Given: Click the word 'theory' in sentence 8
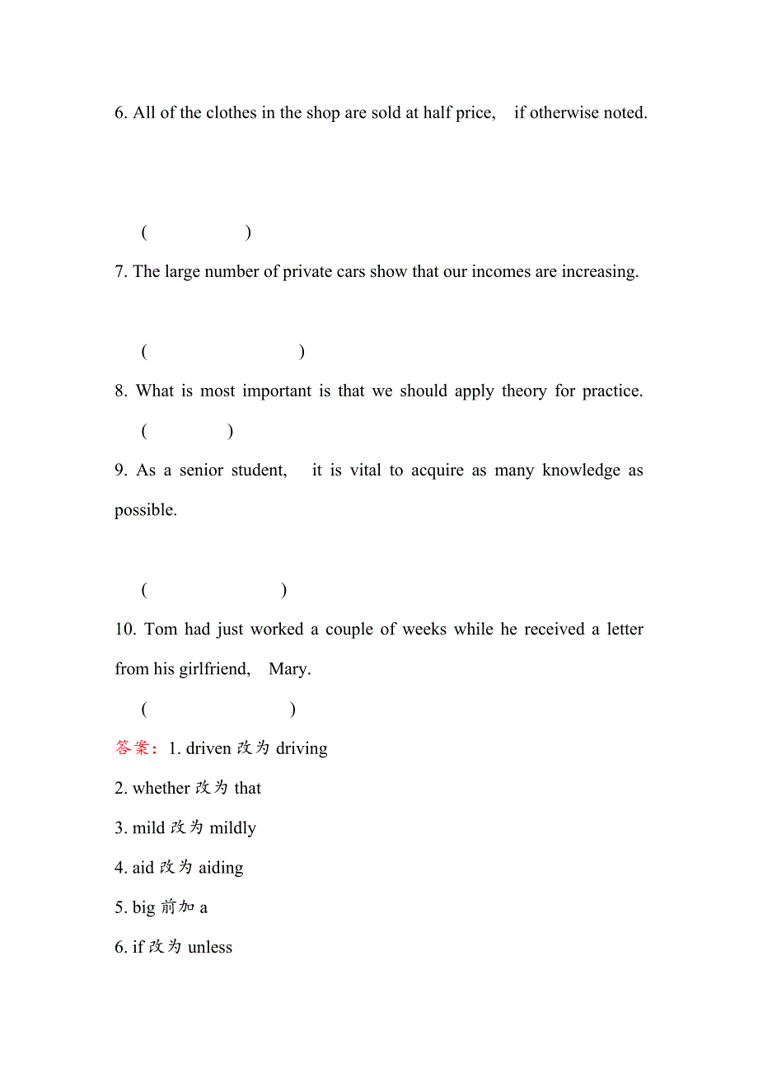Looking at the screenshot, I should [x=524, y=391].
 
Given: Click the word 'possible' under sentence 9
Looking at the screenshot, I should [x=145, y=510].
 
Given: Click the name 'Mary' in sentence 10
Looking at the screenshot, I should [x=289, y=669].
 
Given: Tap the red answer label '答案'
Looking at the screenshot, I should [x=133, y=748].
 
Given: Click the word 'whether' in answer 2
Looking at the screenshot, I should [x=161, y=789].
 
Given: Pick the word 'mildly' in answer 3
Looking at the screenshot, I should [x=233, y=828].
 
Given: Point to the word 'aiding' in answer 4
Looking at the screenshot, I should [x=221, y=868].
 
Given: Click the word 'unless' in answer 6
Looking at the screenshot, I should [x=210, y=948].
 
